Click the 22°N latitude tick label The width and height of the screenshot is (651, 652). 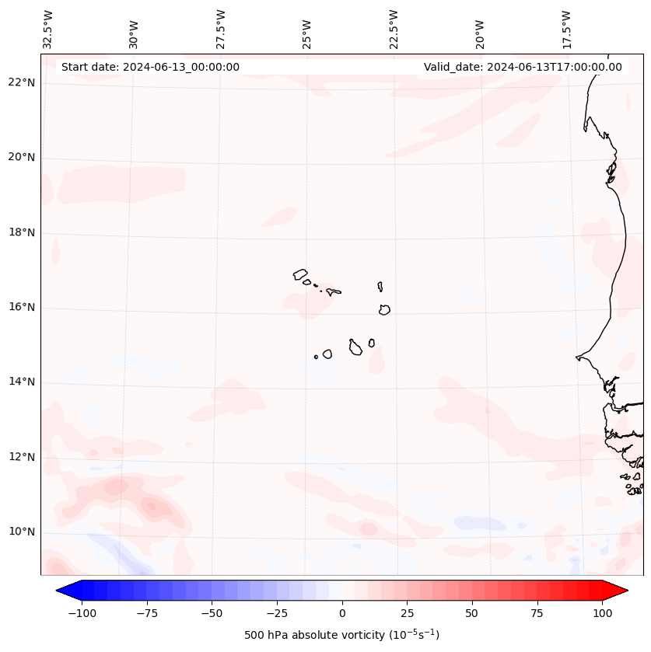(22, 83)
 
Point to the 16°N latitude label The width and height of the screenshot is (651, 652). (22, 308)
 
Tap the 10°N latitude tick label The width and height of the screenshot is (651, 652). (22, 532)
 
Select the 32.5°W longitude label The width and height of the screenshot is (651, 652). (48, 29)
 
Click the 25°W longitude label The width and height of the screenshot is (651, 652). (307, 30)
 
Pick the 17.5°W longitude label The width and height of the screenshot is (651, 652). (566, 29)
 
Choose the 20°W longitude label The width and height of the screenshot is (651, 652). (480, 30)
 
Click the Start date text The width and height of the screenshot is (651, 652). (150, 67)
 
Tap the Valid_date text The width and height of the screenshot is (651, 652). (523, 67)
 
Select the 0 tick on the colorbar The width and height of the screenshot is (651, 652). (341, 613)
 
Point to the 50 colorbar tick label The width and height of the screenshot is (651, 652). (471, 613)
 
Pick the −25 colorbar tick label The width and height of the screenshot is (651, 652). (276, 613)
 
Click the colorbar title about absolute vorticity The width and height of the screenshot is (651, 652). (341, 635)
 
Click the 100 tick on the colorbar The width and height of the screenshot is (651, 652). (602, 613)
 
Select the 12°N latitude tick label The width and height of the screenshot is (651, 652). (22, 458)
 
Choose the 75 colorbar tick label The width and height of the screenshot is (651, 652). (537, 613)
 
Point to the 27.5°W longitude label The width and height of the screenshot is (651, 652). (221, 29)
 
